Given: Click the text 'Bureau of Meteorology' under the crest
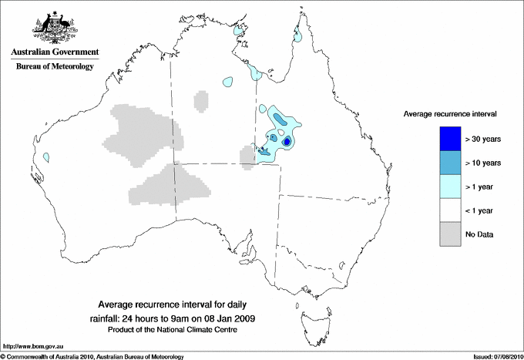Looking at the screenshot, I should point(55,66).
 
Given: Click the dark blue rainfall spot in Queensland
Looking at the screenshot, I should point(287,142).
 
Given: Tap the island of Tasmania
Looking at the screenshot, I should point(311,315).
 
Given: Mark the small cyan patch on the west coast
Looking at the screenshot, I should point(46,156).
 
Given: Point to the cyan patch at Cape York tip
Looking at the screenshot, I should point(297,35).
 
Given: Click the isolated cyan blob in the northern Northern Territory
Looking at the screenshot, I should point(228,80).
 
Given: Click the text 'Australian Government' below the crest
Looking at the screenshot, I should point(55,52).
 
